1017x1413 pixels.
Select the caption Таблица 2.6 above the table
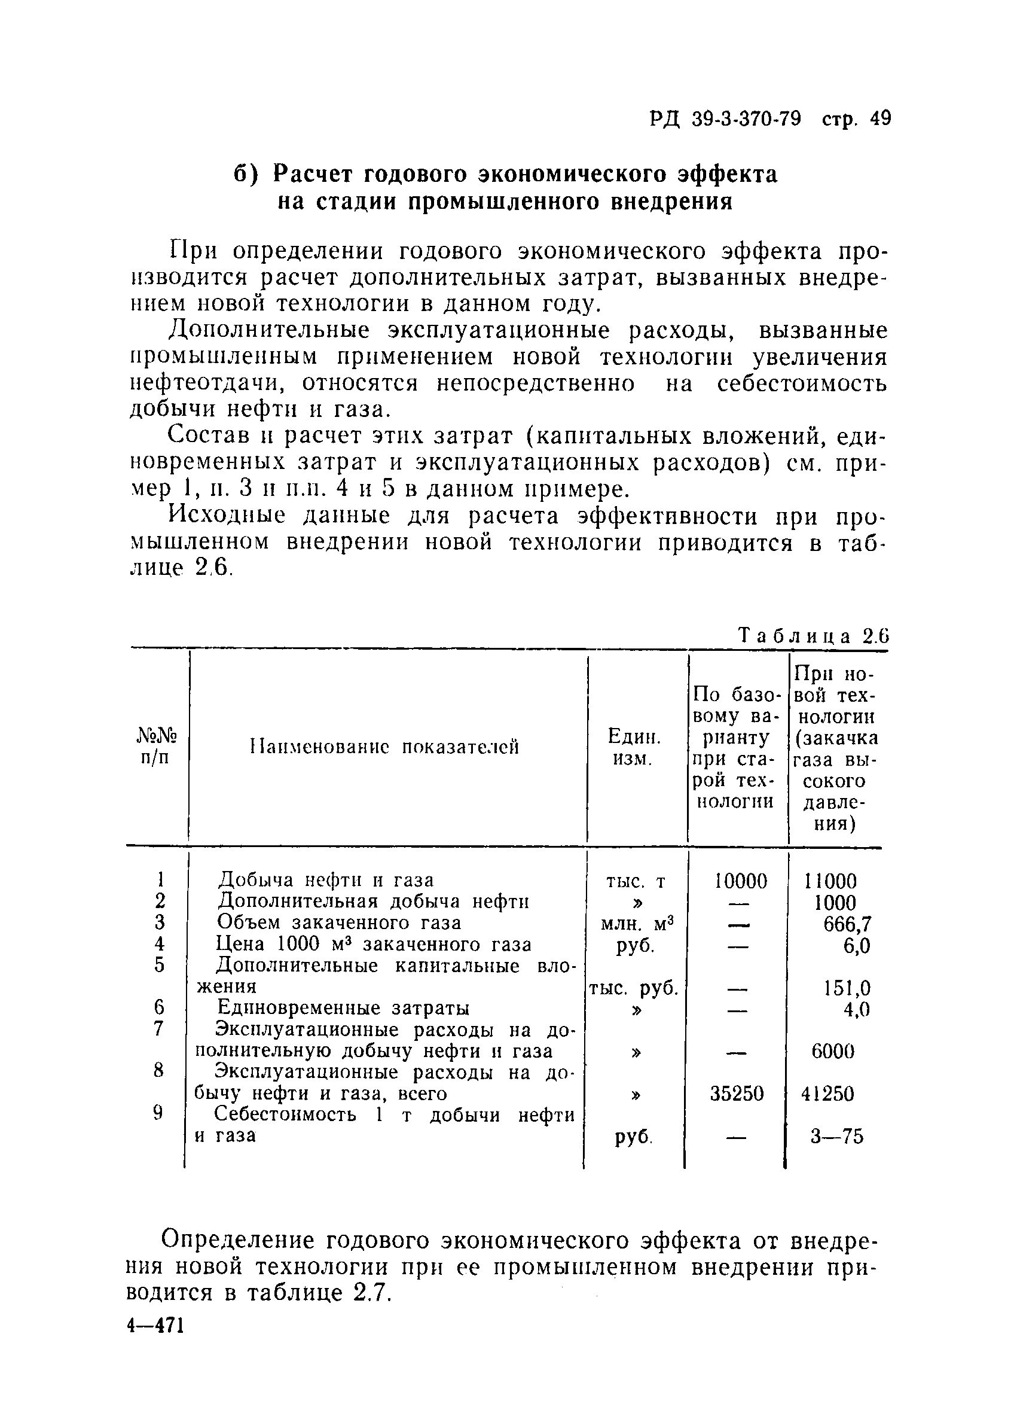coord(813,637)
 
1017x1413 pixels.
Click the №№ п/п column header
coord(157,747)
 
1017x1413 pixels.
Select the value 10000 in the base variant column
coord(741,881)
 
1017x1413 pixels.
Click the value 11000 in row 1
coord(831,881)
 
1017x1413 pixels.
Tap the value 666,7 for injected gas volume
coord(847,923)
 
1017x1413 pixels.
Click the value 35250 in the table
coord(737,1094)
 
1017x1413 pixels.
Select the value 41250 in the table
coord(827,1094)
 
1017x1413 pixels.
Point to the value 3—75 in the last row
coord(836,1137)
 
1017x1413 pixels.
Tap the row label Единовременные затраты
coord(342,1008)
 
